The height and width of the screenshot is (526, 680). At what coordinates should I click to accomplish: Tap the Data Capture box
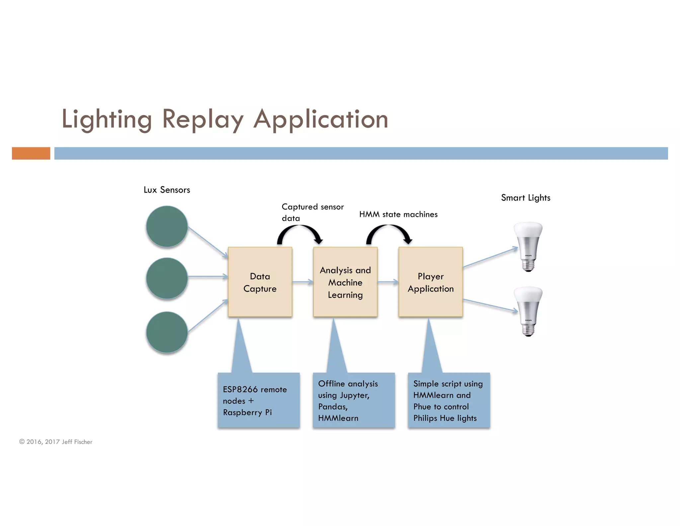(x=260, y=282)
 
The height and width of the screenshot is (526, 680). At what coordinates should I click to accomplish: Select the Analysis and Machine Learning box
(x=345, y=282)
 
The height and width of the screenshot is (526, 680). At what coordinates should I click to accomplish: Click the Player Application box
(x=431, y=282)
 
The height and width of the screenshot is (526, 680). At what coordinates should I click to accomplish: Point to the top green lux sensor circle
(x=167, y=226)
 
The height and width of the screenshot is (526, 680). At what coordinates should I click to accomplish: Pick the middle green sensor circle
(x=167, y=278)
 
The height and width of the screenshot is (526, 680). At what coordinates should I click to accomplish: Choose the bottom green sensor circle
(x=167, y=332)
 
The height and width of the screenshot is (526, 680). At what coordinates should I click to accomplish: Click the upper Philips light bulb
(x=528, y=246)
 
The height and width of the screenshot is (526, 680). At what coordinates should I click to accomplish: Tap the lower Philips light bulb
(x=528, y=311)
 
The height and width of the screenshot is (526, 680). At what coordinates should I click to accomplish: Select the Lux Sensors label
(x=167, y=190)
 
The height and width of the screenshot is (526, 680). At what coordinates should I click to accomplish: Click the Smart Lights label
(x=526, y=198)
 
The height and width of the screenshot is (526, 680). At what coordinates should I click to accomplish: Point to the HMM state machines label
(x=398, y=214)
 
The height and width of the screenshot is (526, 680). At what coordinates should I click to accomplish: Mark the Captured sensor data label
(x=312, y=212)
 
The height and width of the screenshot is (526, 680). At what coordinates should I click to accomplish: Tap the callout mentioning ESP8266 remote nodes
(x=259, y=400)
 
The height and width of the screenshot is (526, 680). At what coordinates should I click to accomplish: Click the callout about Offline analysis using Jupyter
(x=354, y=400)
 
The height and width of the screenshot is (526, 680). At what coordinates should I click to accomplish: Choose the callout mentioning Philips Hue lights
(x=449, y=400)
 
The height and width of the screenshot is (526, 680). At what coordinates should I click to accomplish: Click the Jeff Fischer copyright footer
(x=56, y=442)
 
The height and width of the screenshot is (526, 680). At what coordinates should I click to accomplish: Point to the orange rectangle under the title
(x=31, y=153)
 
